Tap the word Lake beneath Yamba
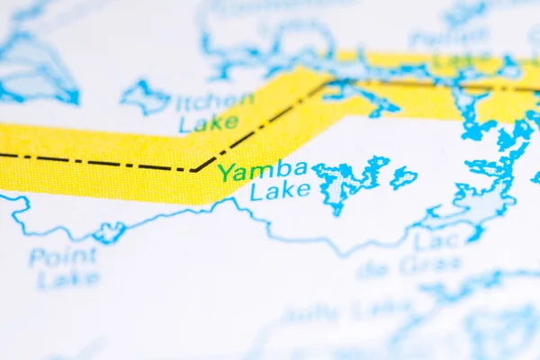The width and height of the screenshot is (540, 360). point(280,191)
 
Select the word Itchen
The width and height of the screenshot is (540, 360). point(215,103)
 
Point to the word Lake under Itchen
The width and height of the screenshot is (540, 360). point(208,123)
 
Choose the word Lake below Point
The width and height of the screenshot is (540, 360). point(68,279)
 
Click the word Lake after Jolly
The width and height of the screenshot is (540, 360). point(382,310)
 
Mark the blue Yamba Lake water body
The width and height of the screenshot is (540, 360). point(347,181)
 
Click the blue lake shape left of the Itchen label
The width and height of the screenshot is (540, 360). point(145,96)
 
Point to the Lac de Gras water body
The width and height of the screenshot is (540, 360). point(477,203)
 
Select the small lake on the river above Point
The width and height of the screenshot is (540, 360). point(109,233)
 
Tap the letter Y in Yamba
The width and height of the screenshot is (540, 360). point(226,171)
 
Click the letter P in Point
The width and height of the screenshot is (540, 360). point(37,258)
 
